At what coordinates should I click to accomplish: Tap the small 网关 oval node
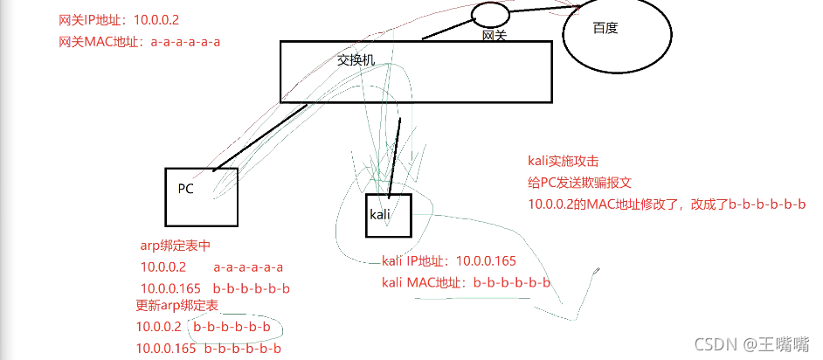coord(491,14)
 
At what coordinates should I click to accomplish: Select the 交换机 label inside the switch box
coord(356,61)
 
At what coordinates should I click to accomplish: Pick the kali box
coord(385,215)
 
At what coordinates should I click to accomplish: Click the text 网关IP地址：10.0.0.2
coord(120,18)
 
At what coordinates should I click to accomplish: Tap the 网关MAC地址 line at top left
coord(139,41)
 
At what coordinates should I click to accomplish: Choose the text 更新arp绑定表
coord(176,306)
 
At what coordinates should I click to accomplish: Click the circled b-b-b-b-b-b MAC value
coord(232,328)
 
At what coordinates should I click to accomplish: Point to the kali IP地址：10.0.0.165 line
coord(449,261)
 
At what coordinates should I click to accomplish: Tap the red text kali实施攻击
coord(564,161)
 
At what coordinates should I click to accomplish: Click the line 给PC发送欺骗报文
coord(579,183)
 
